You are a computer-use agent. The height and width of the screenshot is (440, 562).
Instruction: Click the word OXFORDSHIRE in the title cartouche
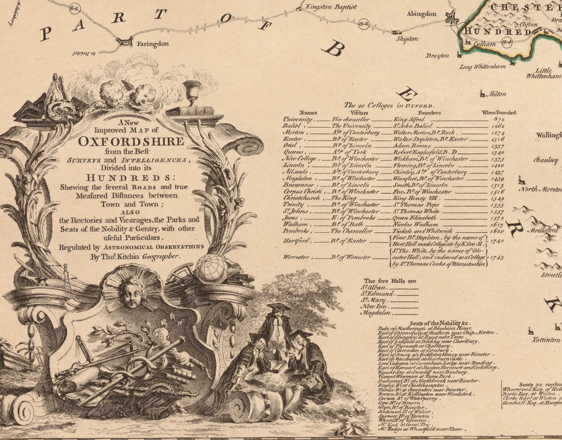coord(131,141)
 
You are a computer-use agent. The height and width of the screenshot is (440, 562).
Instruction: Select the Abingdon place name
coord(421,14)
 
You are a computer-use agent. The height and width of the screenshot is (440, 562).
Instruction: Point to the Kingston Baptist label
coord(331,7)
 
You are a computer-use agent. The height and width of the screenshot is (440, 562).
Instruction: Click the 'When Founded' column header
coord(499,112)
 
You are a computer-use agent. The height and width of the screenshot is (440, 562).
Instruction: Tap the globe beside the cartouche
coord(212,269)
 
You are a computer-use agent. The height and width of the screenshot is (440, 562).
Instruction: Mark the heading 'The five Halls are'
coord(390,281)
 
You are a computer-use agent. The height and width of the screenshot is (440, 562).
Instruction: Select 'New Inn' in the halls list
coord(374,307)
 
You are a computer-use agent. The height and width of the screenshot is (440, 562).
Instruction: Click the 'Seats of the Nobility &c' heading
coord(440,323)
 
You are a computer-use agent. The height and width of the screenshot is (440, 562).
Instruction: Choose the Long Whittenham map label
coord(482,67)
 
